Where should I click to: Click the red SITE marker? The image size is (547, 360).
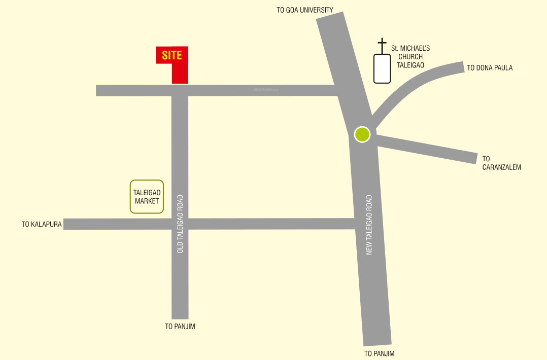172,56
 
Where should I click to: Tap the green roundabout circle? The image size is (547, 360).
362,134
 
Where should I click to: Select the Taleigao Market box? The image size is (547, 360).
147,197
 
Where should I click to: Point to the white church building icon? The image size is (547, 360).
382,68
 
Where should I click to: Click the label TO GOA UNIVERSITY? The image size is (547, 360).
305,10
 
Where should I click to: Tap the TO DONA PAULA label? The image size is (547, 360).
490,68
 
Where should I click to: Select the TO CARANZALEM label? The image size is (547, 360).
501,163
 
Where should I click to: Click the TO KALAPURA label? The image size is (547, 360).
42,224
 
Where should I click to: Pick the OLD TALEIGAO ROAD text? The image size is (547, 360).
180,224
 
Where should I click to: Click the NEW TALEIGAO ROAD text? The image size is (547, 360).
369,225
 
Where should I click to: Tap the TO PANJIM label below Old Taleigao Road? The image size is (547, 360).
180,327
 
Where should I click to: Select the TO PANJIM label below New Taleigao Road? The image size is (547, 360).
379,353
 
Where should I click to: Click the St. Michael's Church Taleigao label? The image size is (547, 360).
411,57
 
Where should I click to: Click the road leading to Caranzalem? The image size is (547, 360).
426,149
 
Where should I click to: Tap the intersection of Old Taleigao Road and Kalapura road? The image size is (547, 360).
180,224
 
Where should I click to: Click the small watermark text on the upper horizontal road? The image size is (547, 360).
266,90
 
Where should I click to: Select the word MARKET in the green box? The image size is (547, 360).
147,201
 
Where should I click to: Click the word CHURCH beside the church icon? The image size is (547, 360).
411,57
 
